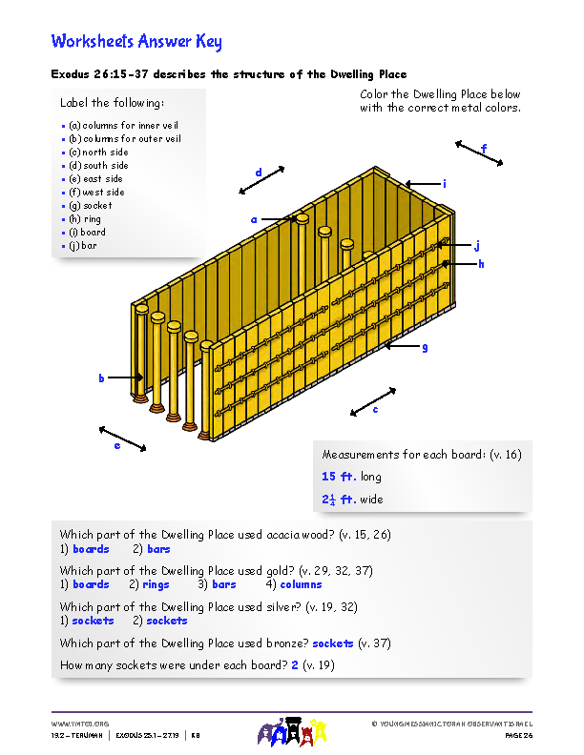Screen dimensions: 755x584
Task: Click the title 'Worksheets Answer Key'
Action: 136,41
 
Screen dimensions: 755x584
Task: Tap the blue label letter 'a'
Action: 254,219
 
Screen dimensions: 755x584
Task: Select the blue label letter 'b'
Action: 101,378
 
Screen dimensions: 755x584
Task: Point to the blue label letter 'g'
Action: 425,347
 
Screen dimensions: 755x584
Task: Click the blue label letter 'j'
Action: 476,245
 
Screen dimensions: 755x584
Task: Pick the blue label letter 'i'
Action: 444,183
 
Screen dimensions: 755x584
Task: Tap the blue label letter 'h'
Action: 481,264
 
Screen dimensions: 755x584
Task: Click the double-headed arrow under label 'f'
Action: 479,153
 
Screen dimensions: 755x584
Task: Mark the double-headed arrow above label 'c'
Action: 373,401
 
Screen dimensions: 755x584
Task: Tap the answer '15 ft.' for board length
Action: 339,477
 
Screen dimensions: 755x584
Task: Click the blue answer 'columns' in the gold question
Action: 301,584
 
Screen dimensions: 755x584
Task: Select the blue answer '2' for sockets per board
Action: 295,664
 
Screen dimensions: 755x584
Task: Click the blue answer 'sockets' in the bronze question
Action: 332,643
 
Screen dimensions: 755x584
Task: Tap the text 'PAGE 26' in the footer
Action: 518,736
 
